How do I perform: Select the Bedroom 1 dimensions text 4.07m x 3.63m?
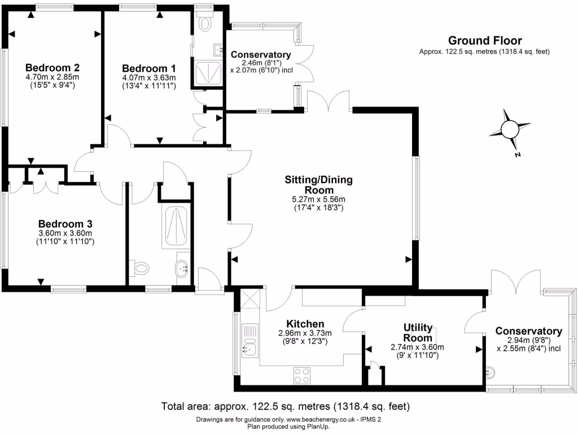click(x=149, y=77)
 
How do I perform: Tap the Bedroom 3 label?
click(x=65, y=223)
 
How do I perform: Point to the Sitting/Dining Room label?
click(x=318, y=185)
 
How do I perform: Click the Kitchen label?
click(x=305, y=323)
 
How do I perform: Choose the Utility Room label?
click(x=418, y=333)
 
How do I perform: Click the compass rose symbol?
click(x=510, y=130)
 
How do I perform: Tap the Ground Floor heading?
click(x=484, y=40)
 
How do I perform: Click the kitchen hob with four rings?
click(x=302, y=375)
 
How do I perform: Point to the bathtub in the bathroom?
click(x=177, y=226)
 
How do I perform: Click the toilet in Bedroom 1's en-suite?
click(x=205, y=23)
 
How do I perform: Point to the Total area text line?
click(x=285, y=406)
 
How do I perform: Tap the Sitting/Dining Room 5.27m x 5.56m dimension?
click(x=318, y=199)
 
